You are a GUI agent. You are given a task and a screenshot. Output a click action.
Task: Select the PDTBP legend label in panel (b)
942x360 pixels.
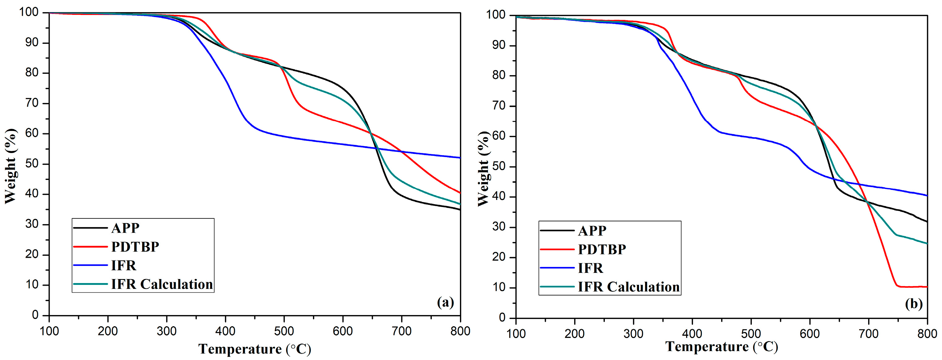click(602, 250)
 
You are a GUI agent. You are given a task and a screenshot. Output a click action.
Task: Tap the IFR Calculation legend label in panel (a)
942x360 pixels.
click(162, 284)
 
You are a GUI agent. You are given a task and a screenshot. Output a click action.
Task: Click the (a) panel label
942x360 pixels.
click(445, 302)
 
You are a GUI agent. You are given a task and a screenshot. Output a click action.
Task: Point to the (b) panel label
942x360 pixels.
click(913, 304)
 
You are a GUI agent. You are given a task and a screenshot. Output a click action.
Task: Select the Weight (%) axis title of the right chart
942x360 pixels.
click(484, 169)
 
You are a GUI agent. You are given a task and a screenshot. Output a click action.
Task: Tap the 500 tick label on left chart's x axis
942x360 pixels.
click(284, 331)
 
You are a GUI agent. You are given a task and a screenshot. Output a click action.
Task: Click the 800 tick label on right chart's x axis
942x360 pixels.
click(927, 334)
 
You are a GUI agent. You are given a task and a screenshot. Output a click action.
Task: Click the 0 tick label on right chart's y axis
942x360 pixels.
click(502, 317)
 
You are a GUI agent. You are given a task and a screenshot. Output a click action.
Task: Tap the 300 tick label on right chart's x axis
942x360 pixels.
click(633, 334)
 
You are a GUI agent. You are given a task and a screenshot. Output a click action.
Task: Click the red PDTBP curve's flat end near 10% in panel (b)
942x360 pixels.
click(914, 287)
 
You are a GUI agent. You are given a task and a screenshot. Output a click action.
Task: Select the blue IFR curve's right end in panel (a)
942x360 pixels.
click(459, 158)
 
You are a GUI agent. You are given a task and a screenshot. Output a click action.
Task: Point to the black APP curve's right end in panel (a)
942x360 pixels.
click(459, 209)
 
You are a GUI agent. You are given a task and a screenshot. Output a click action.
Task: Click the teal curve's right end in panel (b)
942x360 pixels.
click(926, 243)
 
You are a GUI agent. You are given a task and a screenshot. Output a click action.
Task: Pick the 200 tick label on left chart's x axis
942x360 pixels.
click(108, 331)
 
